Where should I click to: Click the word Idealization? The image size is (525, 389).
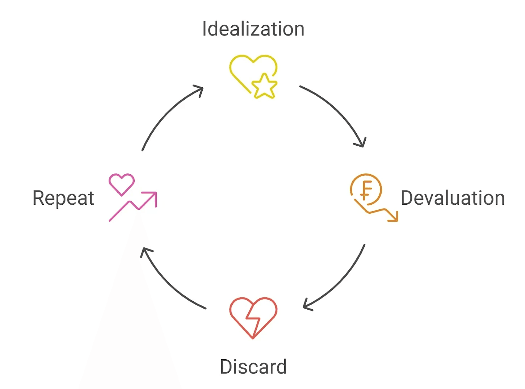[253, 29]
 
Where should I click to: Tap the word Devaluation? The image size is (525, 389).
[453, 198]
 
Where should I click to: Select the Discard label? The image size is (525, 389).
[253, 367]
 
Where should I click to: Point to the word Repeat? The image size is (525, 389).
[63, 198]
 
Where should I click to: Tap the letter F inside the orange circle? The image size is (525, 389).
[366, 189]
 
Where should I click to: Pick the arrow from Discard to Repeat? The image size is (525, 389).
[167, 283]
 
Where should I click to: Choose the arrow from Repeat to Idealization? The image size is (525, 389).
[167, 112]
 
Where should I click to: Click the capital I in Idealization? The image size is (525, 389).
[204, 29]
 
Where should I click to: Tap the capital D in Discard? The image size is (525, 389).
[227, 367]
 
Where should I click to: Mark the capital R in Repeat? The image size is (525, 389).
[38, 198]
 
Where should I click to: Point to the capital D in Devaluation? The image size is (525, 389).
[407, 198]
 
